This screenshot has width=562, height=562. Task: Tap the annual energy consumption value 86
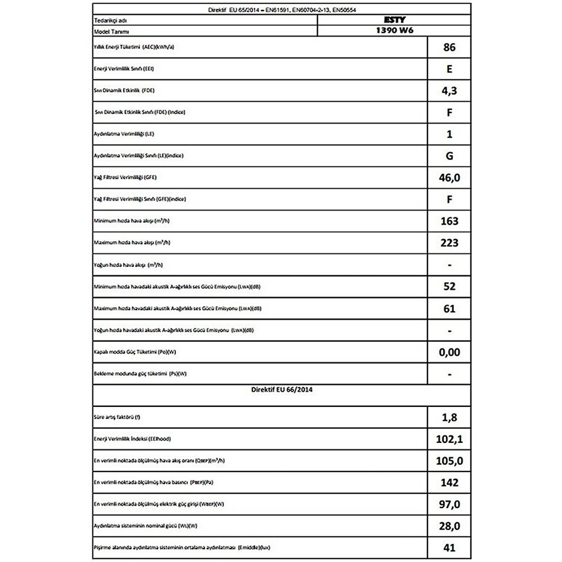(x=450, y=48)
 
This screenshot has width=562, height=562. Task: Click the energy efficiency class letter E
(x=450, y=69)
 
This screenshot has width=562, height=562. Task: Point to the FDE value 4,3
(x=450, y=90)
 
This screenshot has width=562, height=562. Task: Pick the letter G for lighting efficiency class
(x=450, y=156)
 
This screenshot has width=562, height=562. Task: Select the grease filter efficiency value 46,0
(x=450, y=178)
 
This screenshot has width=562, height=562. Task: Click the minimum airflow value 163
(x=450, y=221)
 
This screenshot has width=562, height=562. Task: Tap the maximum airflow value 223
(x=450, y=243)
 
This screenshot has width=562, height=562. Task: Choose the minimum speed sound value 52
(x=450, y=287)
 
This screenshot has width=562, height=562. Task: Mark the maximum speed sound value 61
(x=450, y=309)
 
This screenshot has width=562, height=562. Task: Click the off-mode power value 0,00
(x=450, y=352)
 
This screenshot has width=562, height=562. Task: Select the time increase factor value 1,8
(x=450, y=416)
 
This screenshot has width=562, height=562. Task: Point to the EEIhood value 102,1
(x=450, y=438)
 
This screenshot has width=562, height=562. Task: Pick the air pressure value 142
(x=450, y=482)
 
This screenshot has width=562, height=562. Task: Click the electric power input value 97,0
(x=450, y=504)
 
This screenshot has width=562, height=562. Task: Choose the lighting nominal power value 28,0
(x=450, y=525)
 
